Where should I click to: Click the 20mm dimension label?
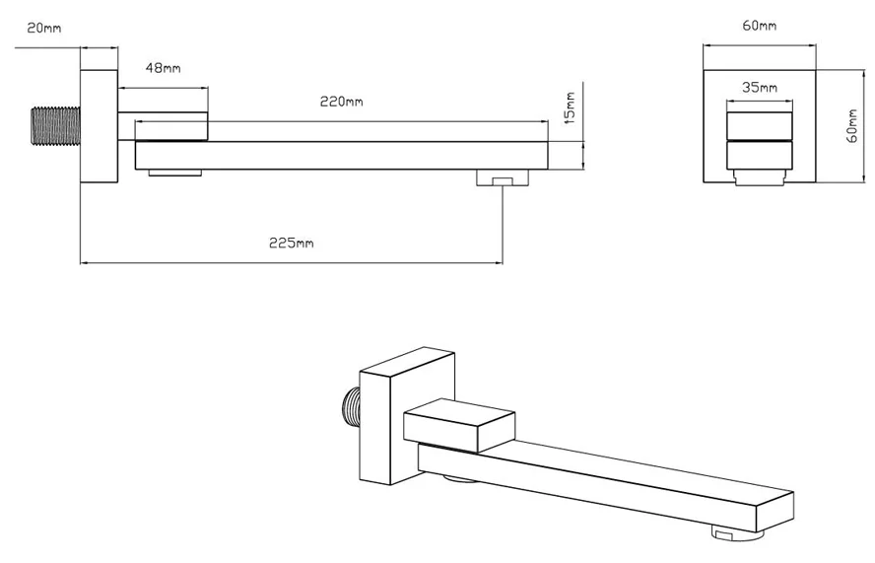coord(44,29)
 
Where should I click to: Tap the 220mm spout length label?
coord(341,102)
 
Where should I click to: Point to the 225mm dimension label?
coord(292,244)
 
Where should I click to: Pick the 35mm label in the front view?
coord(759,87)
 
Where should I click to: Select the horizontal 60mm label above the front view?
coord(758,25)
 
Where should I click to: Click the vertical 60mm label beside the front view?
coord(854,125)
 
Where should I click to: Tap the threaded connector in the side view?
coord(55,127)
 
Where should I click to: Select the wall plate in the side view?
coord(99,125)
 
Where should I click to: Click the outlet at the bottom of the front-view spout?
coord(759,177)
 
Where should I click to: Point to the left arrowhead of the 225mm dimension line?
coord(84,263)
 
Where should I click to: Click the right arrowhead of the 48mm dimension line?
coord(204,86)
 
